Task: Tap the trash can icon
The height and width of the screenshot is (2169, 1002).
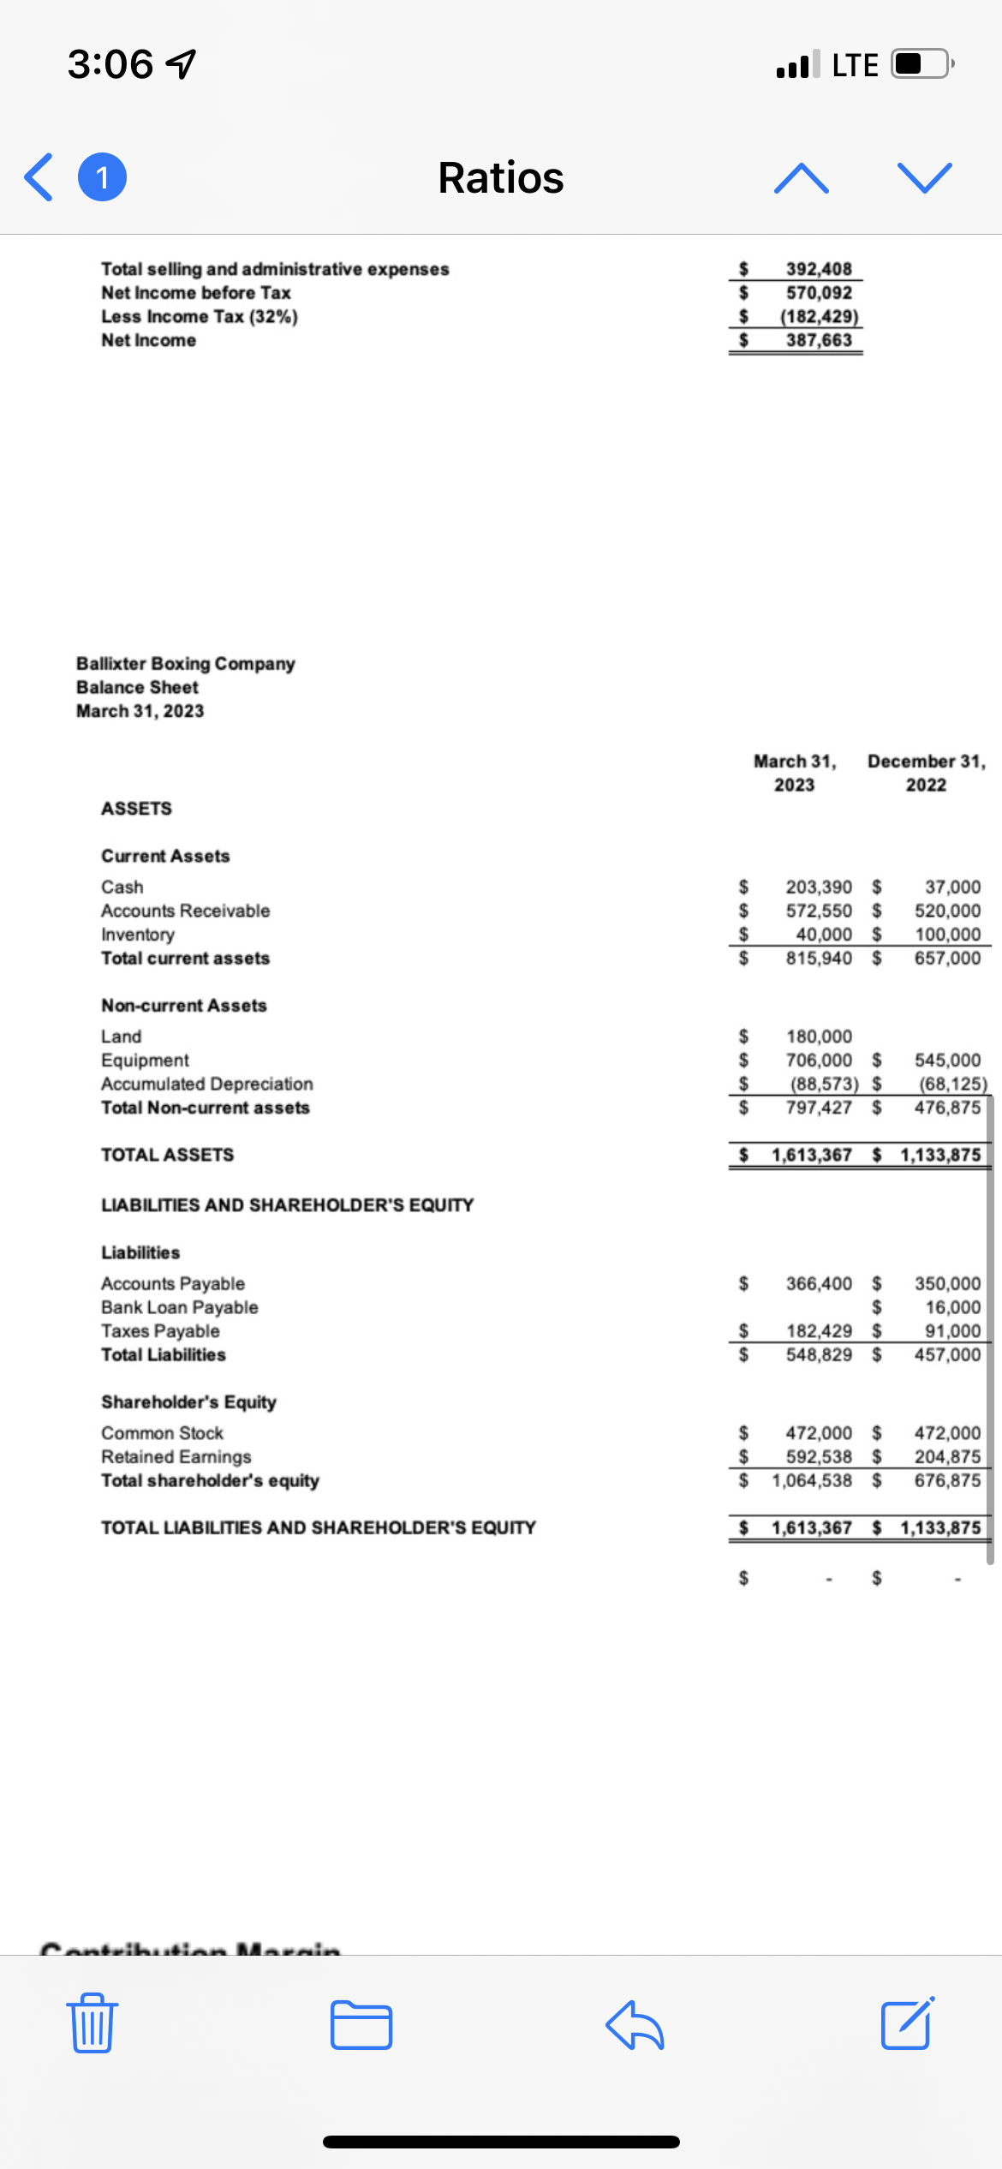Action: [92, 2023]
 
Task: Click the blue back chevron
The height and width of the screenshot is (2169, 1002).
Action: [39, 177]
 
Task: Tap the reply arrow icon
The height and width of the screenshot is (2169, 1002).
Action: [635, 2025]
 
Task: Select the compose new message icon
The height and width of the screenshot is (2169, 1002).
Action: [907, 2023]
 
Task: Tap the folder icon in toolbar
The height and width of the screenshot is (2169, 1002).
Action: [361, 2025]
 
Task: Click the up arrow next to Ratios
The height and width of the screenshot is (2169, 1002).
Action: [801, 178]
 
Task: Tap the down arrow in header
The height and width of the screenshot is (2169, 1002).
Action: [925, 178]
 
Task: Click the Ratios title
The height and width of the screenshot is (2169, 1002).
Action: [501, 178]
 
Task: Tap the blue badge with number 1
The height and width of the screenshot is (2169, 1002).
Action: [103, 177]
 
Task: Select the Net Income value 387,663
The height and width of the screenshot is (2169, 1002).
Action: [819, 340]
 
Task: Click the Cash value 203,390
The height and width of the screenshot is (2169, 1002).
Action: [819, 887]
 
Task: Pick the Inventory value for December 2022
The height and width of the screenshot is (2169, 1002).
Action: [947, 935]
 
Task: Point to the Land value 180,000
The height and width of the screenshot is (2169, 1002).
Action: [819, 1037]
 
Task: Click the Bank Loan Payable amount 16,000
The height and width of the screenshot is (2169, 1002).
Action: [952, 1307]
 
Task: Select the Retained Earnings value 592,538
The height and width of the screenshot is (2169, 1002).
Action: [819, 1456]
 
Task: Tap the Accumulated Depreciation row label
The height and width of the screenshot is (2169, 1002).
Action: [207, 1084]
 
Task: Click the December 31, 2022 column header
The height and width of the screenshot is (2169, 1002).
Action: [927, 773]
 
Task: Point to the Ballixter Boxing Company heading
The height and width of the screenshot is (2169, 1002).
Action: [186, 664]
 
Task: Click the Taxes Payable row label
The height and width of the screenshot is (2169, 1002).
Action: [160, 1331]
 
